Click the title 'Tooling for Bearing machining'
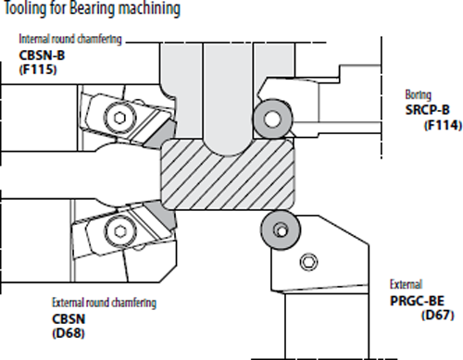pyautogui.click(x=92, y=8)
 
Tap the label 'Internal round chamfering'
pyautogui.click(x=70, y=39)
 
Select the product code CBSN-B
pyautogui.click(x=42, y=56)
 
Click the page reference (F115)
pyautogui.click(x=38, y=69)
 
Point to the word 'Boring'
pyautogui.click(x=419, y=94)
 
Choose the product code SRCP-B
pyautogui.click(x=428, y=110)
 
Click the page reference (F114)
pyautogui.click(x=443, y=125)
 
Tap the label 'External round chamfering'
pyautogui.click(x=104, y=303)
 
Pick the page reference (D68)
pyautogui.click(x=69, y=333)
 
